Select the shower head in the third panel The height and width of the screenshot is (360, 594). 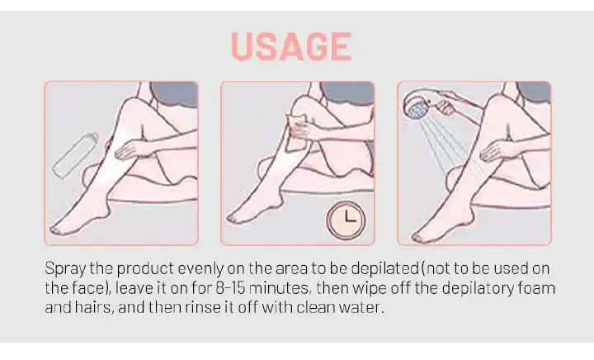point(417,107)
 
